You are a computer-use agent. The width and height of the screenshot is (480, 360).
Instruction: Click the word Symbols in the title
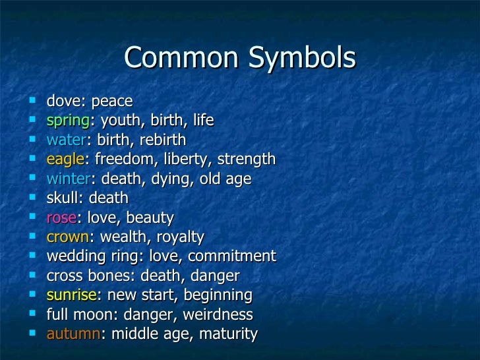pos(303,59)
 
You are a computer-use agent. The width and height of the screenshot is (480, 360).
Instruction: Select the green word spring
pos(67,121)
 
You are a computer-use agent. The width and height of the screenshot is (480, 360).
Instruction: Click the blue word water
pos(66,140)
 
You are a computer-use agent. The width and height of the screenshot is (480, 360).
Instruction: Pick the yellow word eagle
pos(65,160)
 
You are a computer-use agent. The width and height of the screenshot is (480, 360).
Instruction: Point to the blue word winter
pos(68,179)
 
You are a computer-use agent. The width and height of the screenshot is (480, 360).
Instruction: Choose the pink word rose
pos(61,218)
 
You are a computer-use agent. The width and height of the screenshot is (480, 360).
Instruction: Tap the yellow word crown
pos(67,237)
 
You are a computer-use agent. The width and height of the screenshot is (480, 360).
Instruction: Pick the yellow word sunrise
pos(71,295)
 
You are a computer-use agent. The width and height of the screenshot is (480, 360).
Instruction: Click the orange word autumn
pos(73,334)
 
